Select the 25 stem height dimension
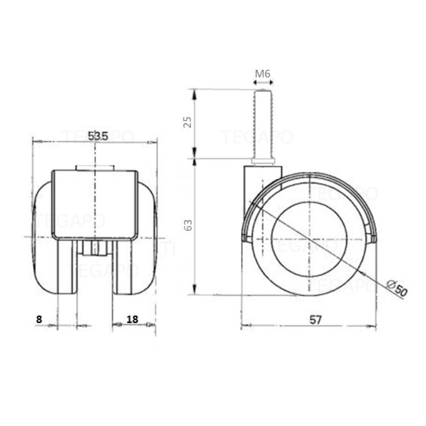[188, 122]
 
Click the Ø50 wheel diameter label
[396, 288]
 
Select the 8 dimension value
[39, 319]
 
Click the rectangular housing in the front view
[95, 204]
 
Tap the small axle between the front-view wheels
[94, 248]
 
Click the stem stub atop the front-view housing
[95, 168]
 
